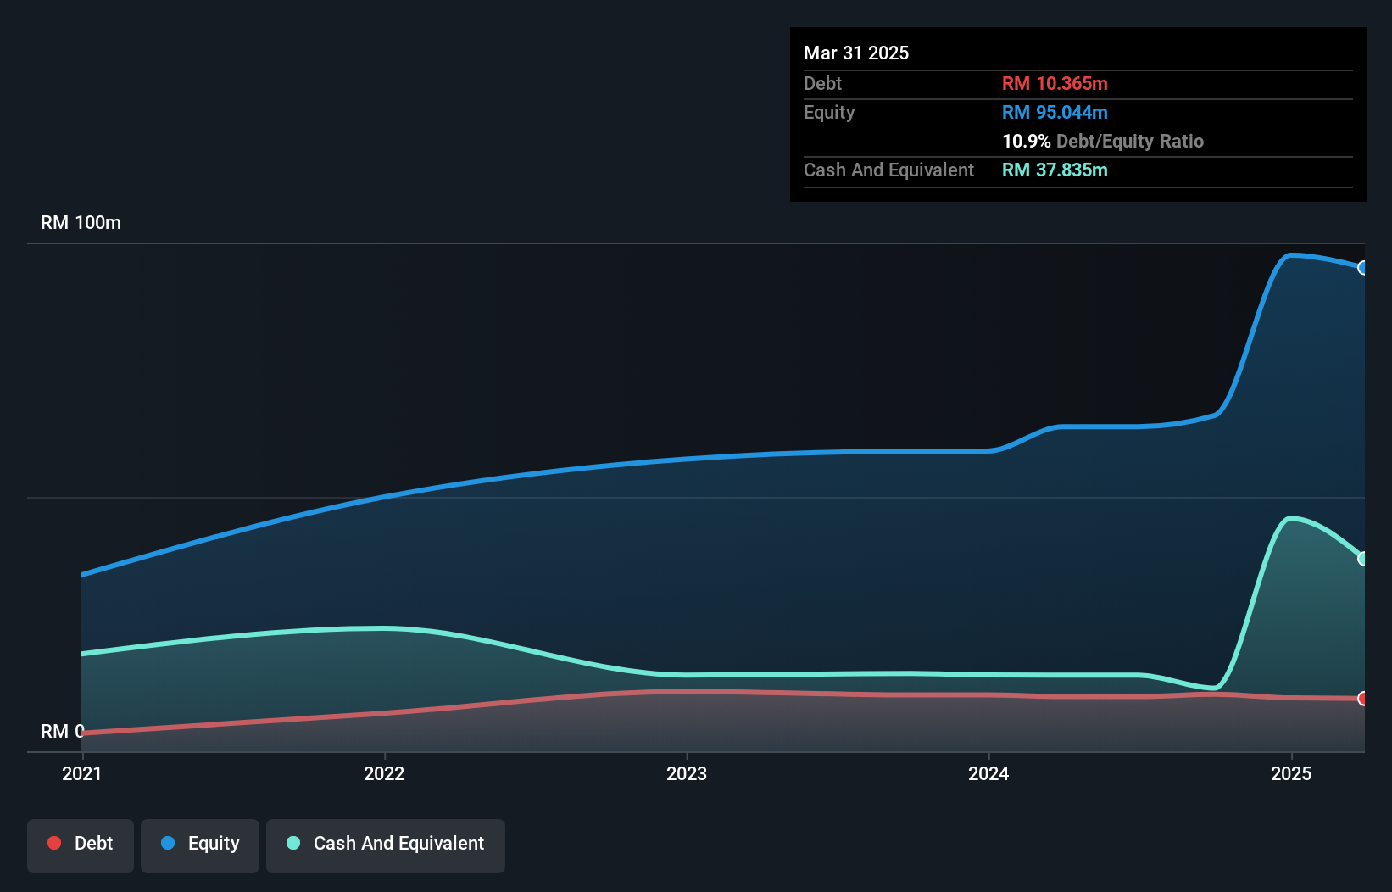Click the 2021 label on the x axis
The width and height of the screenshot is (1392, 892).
click(x=81, y=773)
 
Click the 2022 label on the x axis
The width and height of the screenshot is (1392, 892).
click(x=384, y=773)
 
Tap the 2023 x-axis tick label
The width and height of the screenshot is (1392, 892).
click(x=686, y=773)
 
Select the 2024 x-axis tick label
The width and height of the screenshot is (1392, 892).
click(x=988, y=773)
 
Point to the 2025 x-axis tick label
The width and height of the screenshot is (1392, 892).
click(x=1290, y=773)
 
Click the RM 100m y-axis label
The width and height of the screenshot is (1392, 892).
click(x=81, y=222)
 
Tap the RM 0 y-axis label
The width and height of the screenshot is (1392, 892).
click(x=62, y=731)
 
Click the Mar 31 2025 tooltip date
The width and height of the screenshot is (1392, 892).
click(x=856, y=53)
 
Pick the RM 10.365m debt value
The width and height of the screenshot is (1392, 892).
click(x=1055, y=83)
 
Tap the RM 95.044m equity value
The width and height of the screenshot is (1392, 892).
click(x=1055, y=112)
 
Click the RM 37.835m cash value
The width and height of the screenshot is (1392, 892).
click(x=1055, y=170)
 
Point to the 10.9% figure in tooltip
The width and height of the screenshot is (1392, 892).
click(x=1026, y=141)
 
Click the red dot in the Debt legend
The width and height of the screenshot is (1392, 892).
click(x=54, y=843)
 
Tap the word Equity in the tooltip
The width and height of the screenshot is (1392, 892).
click(x=829, y=112)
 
